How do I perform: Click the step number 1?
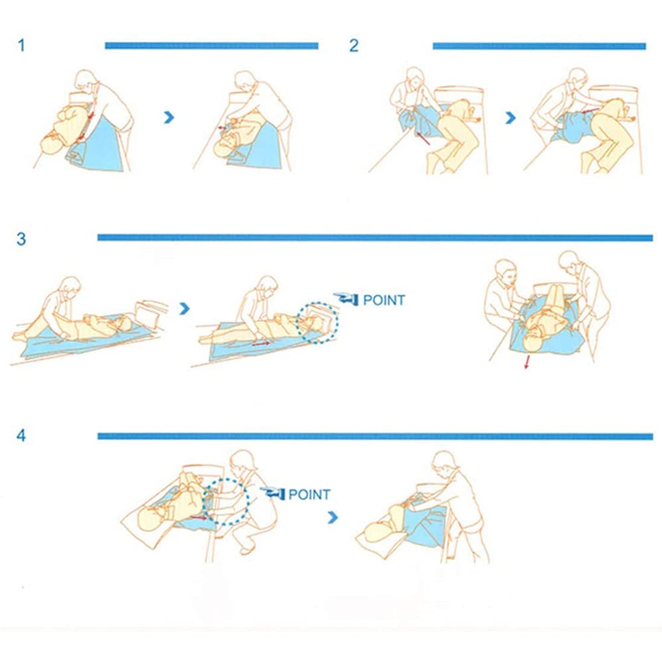pyautogui.click(x=22, y=45)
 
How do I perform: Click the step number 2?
pyautogui.click(x=354, y=45)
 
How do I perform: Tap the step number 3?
pyautogui.click(x=21, y=239)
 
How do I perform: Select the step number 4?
pyautogui.click(x=21, y=435)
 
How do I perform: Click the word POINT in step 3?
pyautogui.click(x=384, y=300)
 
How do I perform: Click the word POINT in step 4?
pyautogui.click(x=309, y=495)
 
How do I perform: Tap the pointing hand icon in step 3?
pyautogui.click(x=345, y=298)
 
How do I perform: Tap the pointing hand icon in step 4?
pyautogui.click(x=272, y=492)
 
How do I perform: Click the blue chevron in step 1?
pyautogui.click(x=169, y=117)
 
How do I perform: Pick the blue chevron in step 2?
pyautogui.click(x=510, y=118)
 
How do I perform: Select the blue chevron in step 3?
pyautogui.click(x=184, y=309)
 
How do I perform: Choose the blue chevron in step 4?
pyautogui.click(x=333, y=517)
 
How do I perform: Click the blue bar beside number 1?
pyautogui.click(x=211, y=45)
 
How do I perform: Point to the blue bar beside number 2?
pyautogui.click(x=539, y=46)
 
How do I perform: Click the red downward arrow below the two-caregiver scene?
pyautogui.click(x=527, y=362)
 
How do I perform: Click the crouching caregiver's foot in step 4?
pyautogui.click(x=246, y=549)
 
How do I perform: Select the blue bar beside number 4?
pyautogui.click(x=375, y=436)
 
